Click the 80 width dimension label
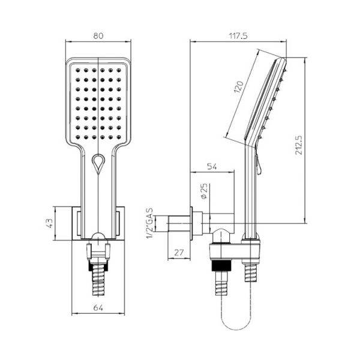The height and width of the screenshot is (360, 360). [x=98, y=36]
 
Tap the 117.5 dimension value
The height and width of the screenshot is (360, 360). [x=238, y=36]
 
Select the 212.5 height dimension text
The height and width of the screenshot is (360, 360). [x=299, y=145]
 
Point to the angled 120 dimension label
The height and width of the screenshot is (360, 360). [x=238, y=87]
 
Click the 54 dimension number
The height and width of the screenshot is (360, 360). [x=212, y=166]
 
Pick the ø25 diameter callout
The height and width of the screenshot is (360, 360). [x=204, y=191]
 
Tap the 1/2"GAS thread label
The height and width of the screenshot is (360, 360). [x=150, y=223]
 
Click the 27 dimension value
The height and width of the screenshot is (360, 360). [x=179, y=253]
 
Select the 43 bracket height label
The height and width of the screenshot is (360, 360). [x=49, y=223]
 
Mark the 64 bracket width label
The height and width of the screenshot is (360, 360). [x=98, y=308]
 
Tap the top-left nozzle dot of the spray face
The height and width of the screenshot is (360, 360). [x=78, y=70]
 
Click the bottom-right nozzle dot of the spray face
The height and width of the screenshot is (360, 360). [x=119, y=137]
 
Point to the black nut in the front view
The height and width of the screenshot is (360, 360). [x=98, y=268]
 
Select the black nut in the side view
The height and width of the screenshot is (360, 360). [x=221, y=266]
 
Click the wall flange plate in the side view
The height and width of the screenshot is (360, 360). [x=191, y=223]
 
